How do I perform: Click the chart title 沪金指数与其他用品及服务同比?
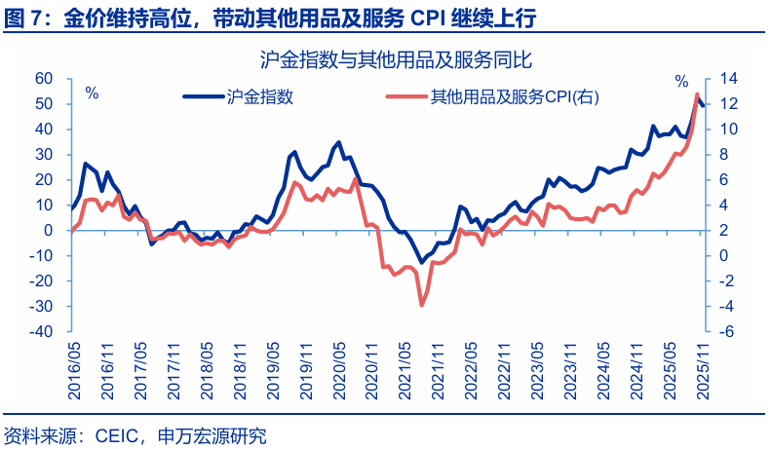tap(396, 60)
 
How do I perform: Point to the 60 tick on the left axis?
tap(43, 79)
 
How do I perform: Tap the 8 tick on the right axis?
tap(722, 155)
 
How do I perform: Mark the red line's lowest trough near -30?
tap(421, 305)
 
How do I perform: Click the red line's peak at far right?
tap(697, 94)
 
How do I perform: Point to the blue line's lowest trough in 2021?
tap(421, 263)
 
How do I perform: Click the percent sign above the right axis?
tap(681, 80)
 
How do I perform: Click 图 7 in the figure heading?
tap(20, 19)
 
